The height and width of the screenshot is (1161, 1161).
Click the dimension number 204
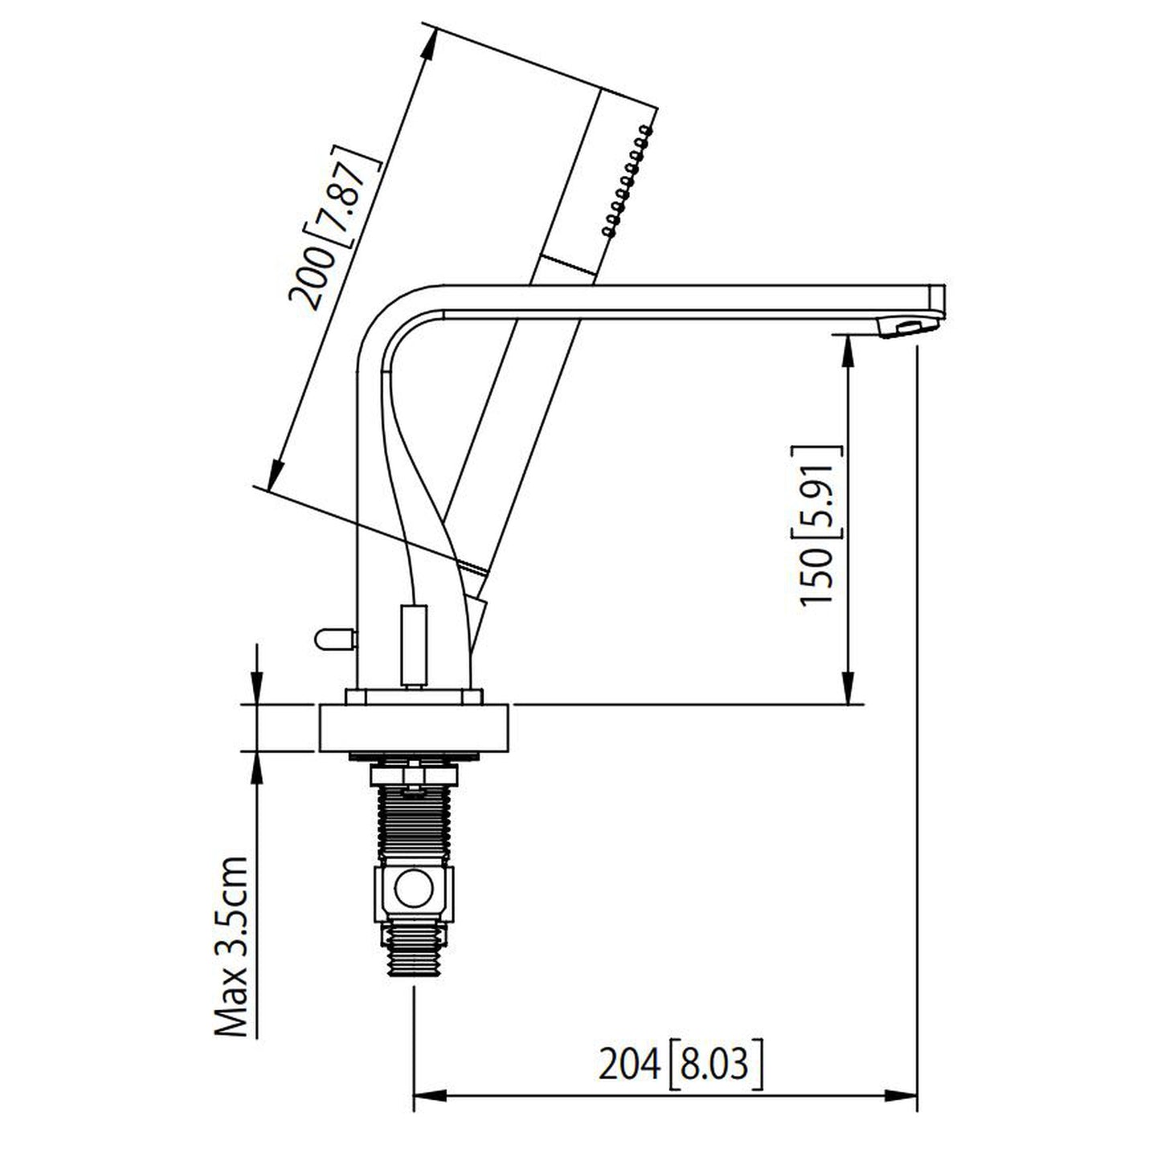coord(629,1065)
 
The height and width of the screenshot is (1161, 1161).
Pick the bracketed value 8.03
coord(714,1065)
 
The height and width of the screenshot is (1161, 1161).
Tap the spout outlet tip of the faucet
coord(908,327)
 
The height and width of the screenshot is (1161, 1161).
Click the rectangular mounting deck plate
coord(415,728)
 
